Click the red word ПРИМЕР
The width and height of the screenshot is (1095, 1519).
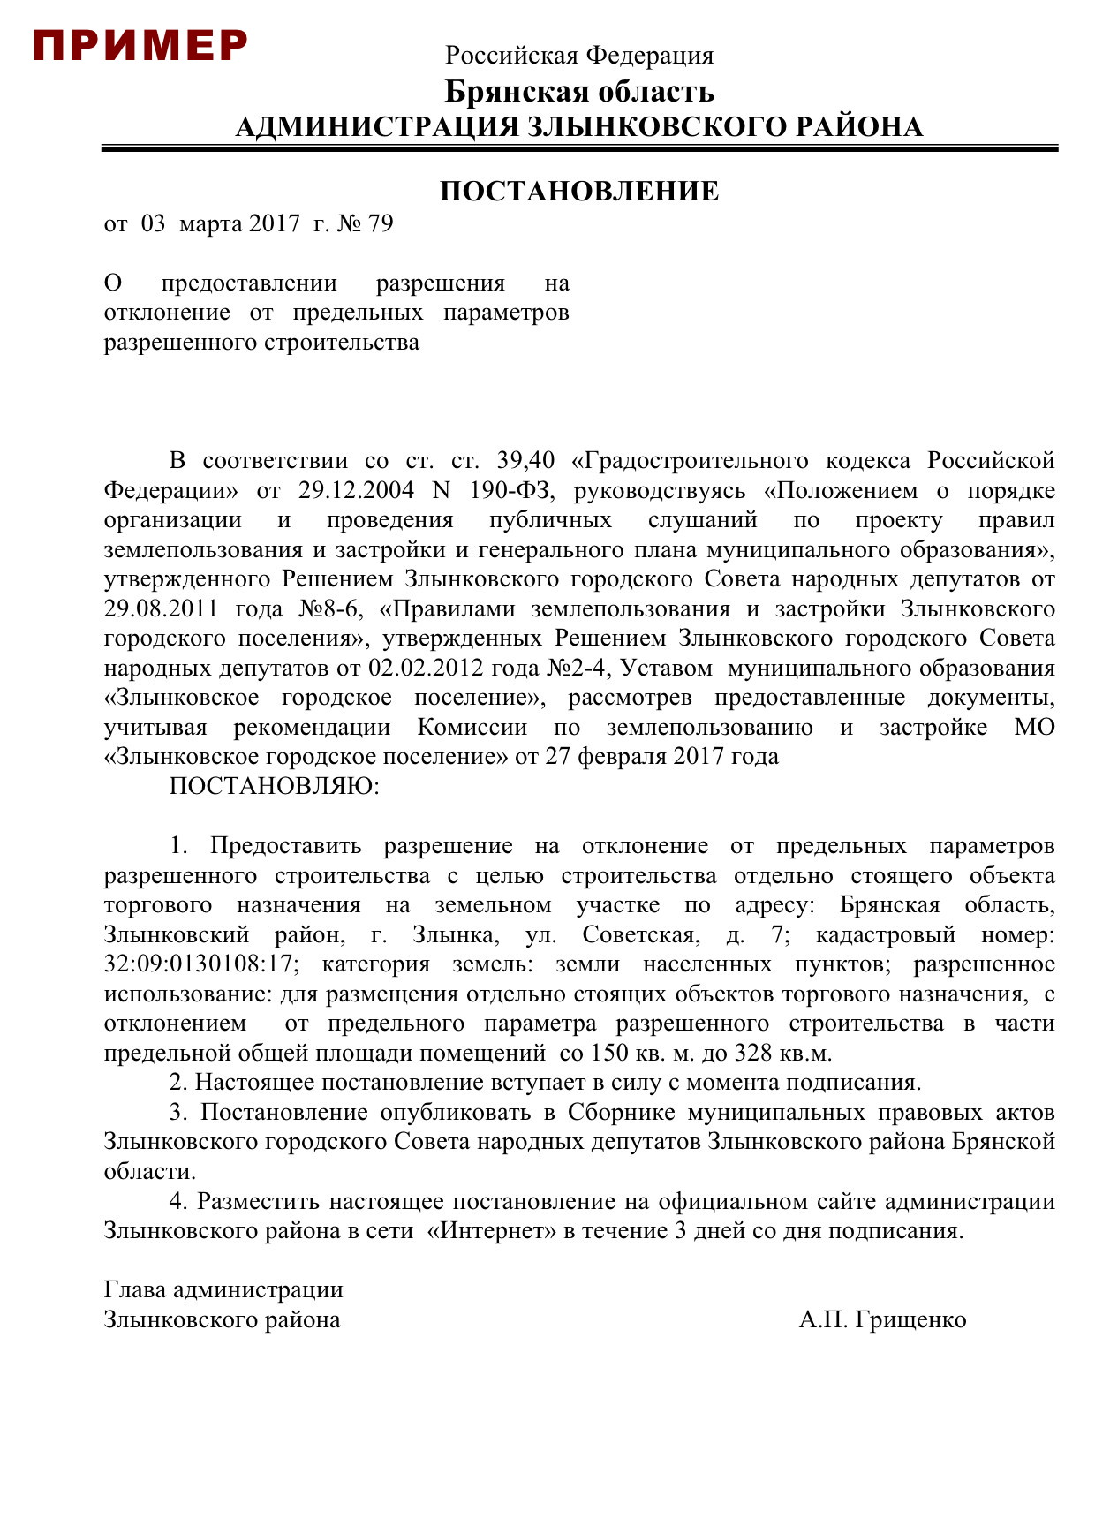point(140,46)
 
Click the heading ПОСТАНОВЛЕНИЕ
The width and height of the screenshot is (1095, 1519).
point(579,192)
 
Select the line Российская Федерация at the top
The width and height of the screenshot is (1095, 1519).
point(579,56)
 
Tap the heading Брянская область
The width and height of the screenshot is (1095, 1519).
point(579,92)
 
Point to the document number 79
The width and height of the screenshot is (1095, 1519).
point(380,223)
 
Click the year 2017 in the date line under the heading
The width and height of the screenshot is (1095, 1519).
point(275,223)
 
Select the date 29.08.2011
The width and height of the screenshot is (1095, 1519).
point(161,608)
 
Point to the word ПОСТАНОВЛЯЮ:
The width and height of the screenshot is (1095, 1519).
point(274,786)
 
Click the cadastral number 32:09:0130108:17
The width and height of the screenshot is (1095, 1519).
point(199,964)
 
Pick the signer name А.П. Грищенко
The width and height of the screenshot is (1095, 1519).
point(882,1319)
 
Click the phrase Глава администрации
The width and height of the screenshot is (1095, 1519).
point(223,1289)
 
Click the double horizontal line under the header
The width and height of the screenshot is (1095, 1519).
point(579,148)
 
